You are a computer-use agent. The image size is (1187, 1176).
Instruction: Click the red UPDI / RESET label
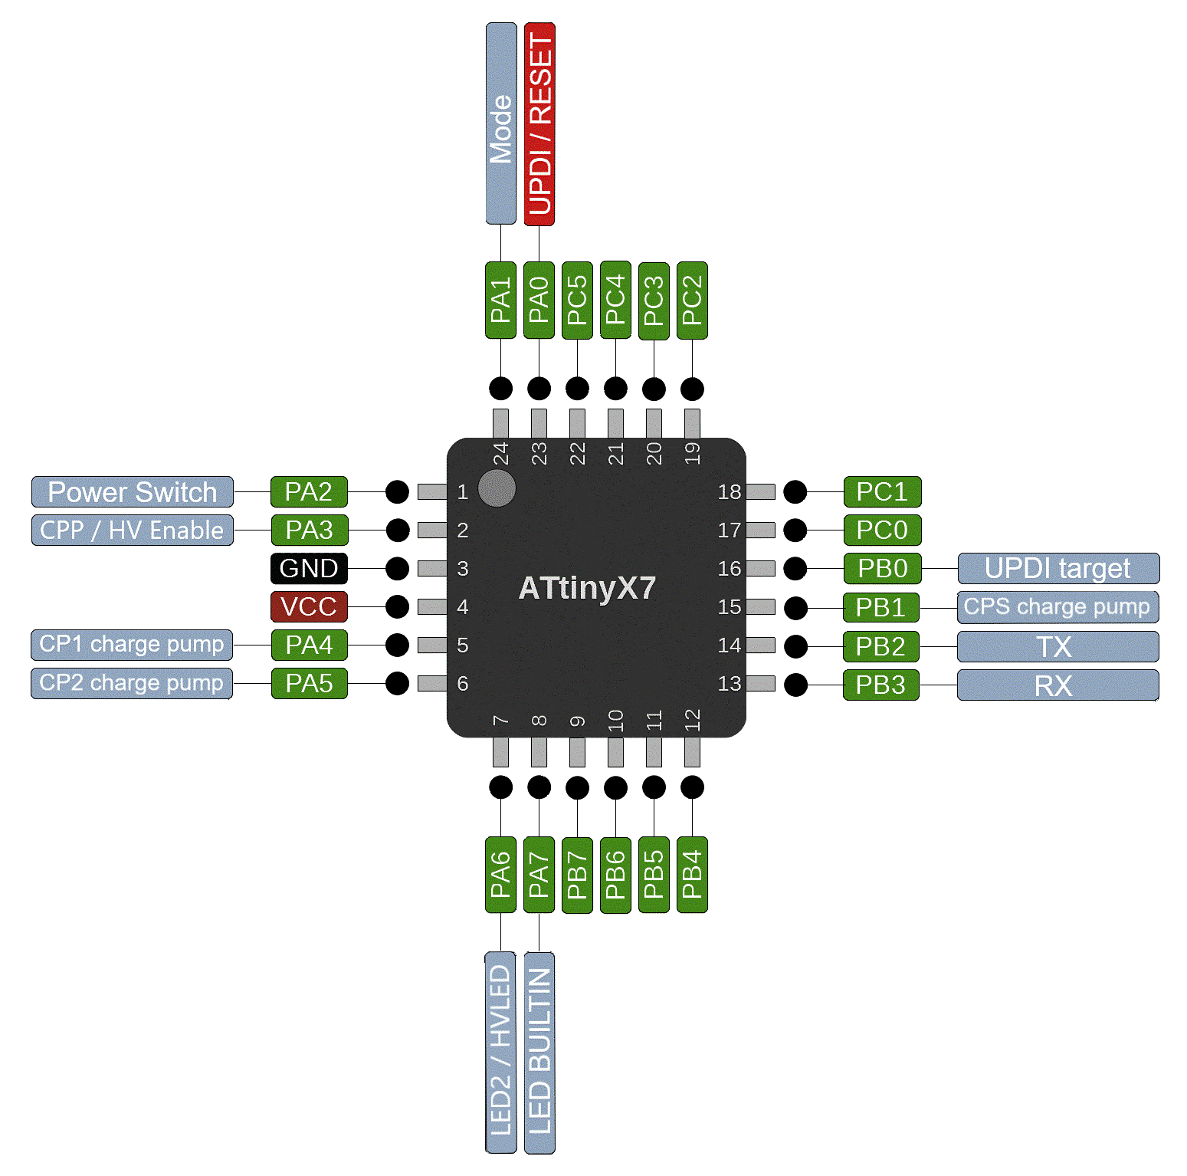point(539,123)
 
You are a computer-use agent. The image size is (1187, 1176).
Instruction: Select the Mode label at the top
point(501,123)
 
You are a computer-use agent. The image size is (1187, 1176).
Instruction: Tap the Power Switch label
point(133,492)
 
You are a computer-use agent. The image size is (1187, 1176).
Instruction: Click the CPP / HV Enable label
point(133,531)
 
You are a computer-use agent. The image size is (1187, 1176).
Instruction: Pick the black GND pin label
point(309,569)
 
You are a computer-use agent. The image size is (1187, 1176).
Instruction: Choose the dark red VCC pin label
point(309,606)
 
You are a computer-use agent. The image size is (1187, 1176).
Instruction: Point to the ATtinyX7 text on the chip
point(587,589)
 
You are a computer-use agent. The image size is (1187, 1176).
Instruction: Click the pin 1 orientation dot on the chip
point(497,488)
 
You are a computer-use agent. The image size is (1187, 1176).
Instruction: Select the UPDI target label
point(1058,569)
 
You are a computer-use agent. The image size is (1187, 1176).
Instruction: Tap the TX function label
point(1058,647)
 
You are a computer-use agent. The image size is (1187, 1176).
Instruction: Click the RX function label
point(1058,685)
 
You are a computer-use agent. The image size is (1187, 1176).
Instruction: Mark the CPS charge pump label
point(1058,607)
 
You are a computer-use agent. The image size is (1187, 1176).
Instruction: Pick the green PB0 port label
point(882,569)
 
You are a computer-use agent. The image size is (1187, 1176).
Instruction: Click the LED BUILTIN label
point(539,1052)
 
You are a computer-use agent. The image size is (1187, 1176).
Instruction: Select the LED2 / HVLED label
point(501,1052)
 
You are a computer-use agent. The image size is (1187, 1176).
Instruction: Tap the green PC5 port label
point(577,301)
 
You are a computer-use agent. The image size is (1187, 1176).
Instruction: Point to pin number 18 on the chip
point(730,492)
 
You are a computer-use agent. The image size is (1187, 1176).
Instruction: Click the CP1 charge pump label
point(133,645)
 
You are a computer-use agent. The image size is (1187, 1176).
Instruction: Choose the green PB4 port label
point(692,875)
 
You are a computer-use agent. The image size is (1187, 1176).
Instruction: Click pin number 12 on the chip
point(692,721)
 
